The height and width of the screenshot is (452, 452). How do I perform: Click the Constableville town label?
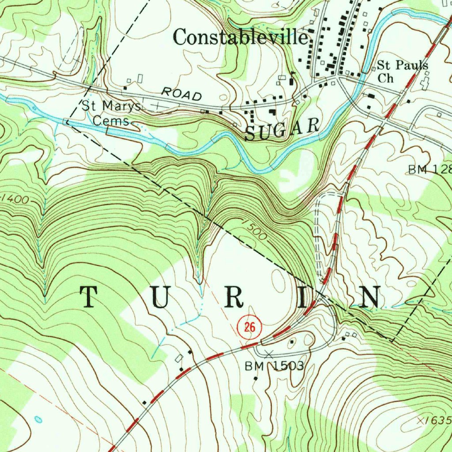coord(240,37)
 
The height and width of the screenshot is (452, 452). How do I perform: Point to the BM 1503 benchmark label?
coord(275,366)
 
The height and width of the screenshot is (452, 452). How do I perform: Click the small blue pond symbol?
coord(38,419)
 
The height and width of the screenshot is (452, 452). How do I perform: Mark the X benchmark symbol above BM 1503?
coord(270,353)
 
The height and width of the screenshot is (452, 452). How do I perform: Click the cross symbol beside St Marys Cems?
coord(157,106)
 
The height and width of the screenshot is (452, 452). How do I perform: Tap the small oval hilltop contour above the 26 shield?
coord(279,280)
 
